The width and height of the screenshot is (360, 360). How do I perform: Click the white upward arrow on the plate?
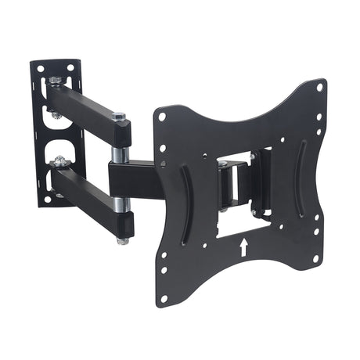pos(243,247)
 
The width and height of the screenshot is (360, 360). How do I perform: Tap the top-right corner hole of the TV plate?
pos(319,88)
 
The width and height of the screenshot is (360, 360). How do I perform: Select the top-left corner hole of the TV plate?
pos(162,117)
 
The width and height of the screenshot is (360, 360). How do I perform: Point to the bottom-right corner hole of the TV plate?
pos(315,257)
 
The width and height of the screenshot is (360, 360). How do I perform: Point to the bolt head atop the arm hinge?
pos(119,117)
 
